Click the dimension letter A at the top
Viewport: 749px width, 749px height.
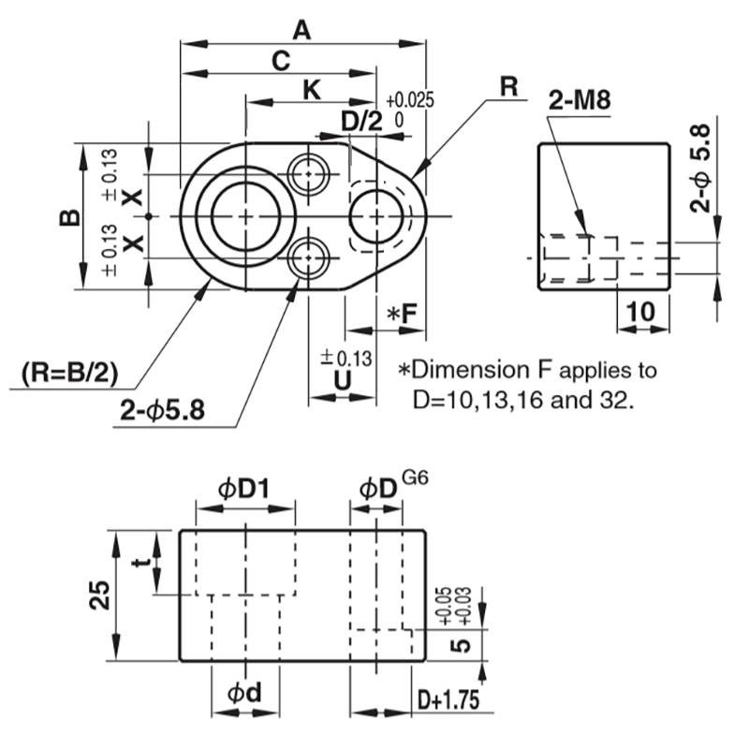[301, 30]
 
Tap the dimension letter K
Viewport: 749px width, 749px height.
[313, 90]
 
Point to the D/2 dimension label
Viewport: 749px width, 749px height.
[361, 122]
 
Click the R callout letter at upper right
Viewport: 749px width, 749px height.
[508, 86]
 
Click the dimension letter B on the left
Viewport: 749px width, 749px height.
[70, 217]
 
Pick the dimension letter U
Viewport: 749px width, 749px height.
[343, 378]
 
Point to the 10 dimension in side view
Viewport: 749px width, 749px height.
[641, 313]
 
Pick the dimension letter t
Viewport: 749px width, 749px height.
[140, 564]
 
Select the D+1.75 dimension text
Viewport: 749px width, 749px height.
[448, 699]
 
